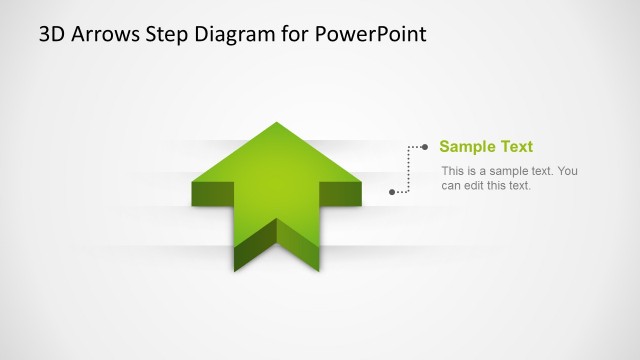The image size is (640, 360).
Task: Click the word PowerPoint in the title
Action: click(370, 34)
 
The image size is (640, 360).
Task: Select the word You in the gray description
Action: click(568, 171)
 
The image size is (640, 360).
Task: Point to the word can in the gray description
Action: click(451, 185)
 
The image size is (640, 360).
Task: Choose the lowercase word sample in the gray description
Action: click(498, 171)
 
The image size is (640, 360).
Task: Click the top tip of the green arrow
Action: click(276, 123)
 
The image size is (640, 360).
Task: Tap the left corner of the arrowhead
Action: click(193, 183)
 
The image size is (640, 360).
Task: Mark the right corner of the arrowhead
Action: click(360, 183)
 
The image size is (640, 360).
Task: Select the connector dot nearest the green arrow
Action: click(392, 190)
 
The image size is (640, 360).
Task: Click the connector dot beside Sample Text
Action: click(426, 147)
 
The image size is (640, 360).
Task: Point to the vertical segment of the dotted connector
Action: click(409, 168)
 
